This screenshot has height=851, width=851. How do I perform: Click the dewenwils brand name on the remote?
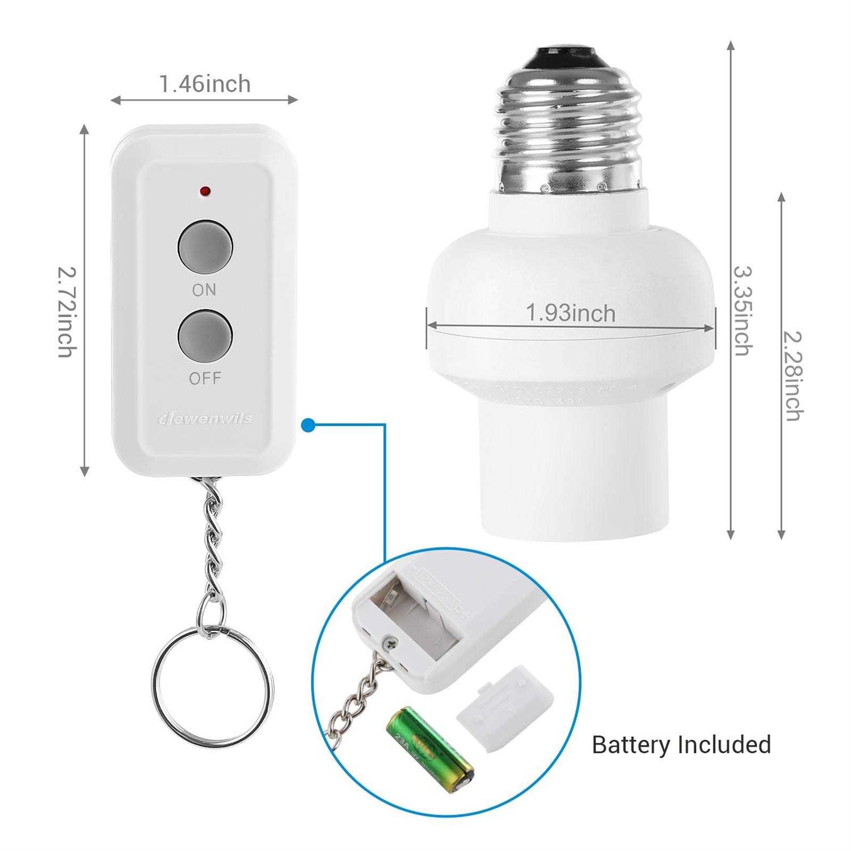pyautogui.click(x=205, y=419)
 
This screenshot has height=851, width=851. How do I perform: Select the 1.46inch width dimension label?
pyautogui.click(x=205, y=84)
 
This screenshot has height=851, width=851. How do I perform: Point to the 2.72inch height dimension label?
pyautogui.click(x=66, y=311)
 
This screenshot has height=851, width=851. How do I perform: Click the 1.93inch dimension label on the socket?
pyautogui.click(x=571, y=313)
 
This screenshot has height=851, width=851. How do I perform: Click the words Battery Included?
pyautogui.click(x=681, y=744)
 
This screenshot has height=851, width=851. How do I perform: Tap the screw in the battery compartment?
pyautogui.click(x=390, y=643)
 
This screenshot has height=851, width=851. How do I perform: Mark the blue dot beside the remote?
pyautogui.click(x=308, y=425)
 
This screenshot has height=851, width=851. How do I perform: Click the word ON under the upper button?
pyautogui.click(x=204, y=290)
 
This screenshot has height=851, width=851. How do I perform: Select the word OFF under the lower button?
pyautogui.click(x=205, y=378)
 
